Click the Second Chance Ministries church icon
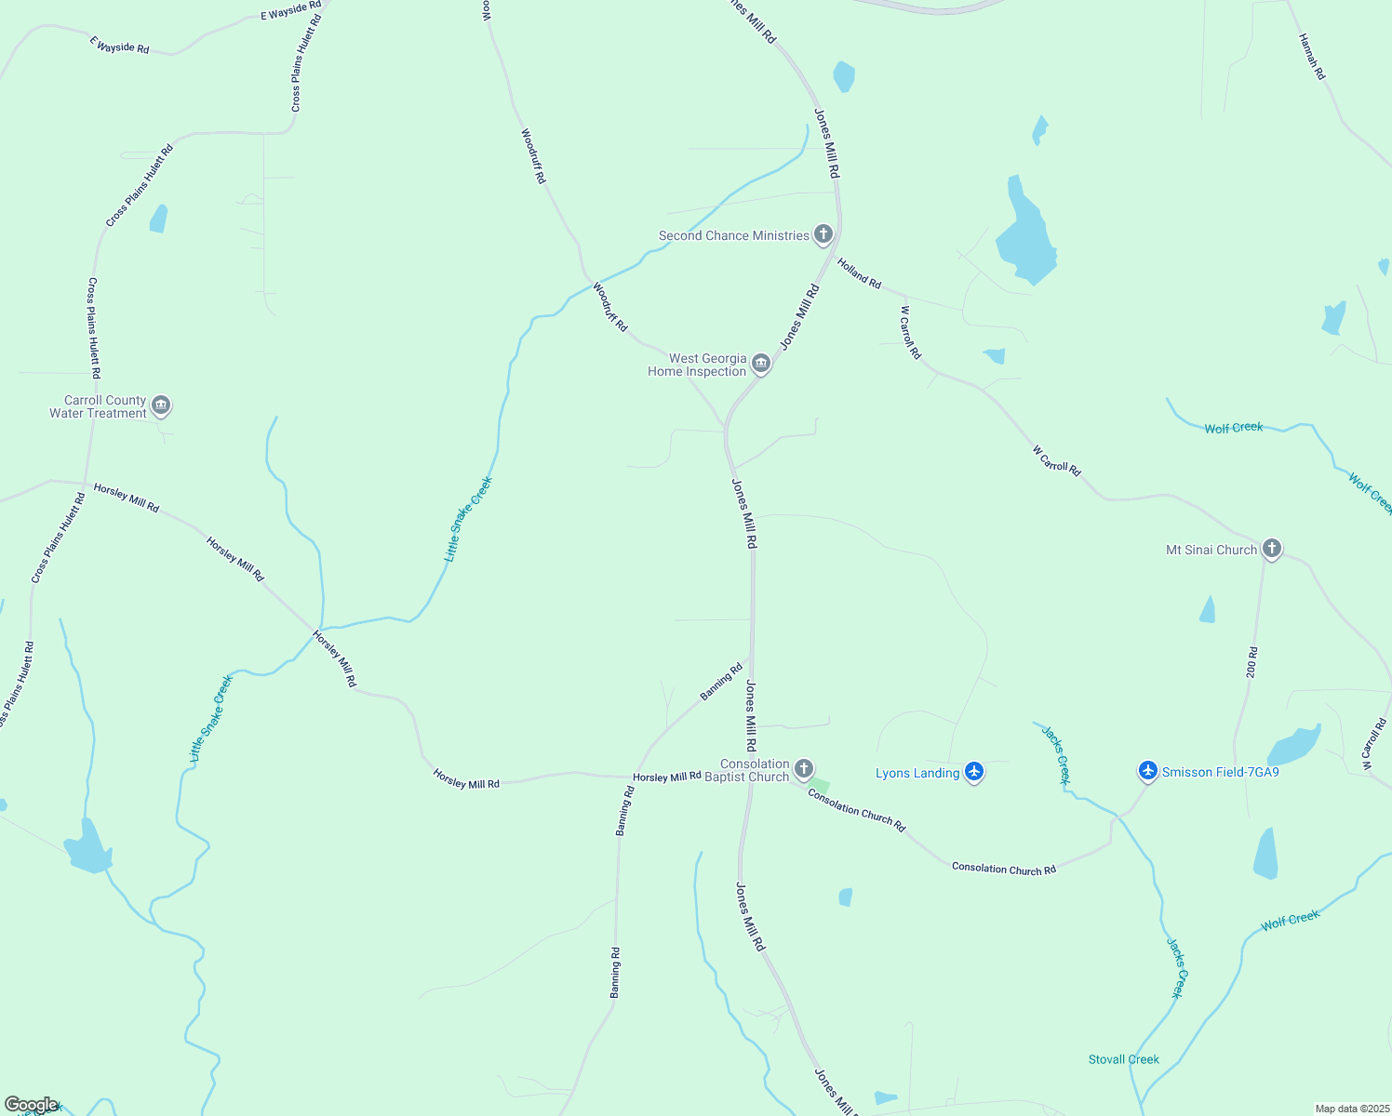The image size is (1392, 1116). tap(823, 233)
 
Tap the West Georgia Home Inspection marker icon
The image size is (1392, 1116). tap(761, 364)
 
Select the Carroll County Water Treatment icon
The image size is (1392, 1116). tap(161, 405)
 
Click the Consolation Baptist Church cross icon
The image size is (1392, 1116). tap(804, 769)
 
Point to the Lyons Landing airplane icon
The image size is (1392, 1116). tap(974, 771)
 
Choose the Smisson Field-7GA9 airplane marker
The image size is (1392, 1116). tap(1147, 770)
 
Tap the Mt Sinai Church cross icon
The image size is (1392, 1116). tap(1272, 548)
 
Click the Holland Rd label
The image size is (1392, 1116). tap(859, 273)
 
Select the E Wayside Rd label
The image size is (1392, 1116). tap(119, 46)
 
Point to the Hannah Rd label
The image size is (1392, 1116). tap(1312, 57)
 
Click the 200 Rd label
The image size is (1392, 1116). tap(1252, 662)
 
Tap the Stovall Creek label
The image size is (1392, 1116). tap(1124, 1059)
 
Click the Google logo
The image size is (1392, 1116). tap(31, 1105)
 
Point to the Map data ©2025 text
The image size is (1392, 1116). tap(1351, 1109)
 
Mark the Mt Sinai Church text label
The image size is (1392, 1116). tap(1211, 550)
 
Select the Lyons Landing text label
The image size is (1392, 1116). tap(917, 773)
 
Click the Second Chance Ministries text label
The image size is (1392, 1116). tap(734, 235)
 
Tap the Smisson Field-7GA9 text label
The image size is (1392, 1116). tap(1221, 772)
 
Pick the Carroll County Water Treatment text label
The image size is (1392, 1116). tap(99, 406)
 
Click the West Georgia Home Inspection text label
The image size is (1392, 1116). tap(698, 365)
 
